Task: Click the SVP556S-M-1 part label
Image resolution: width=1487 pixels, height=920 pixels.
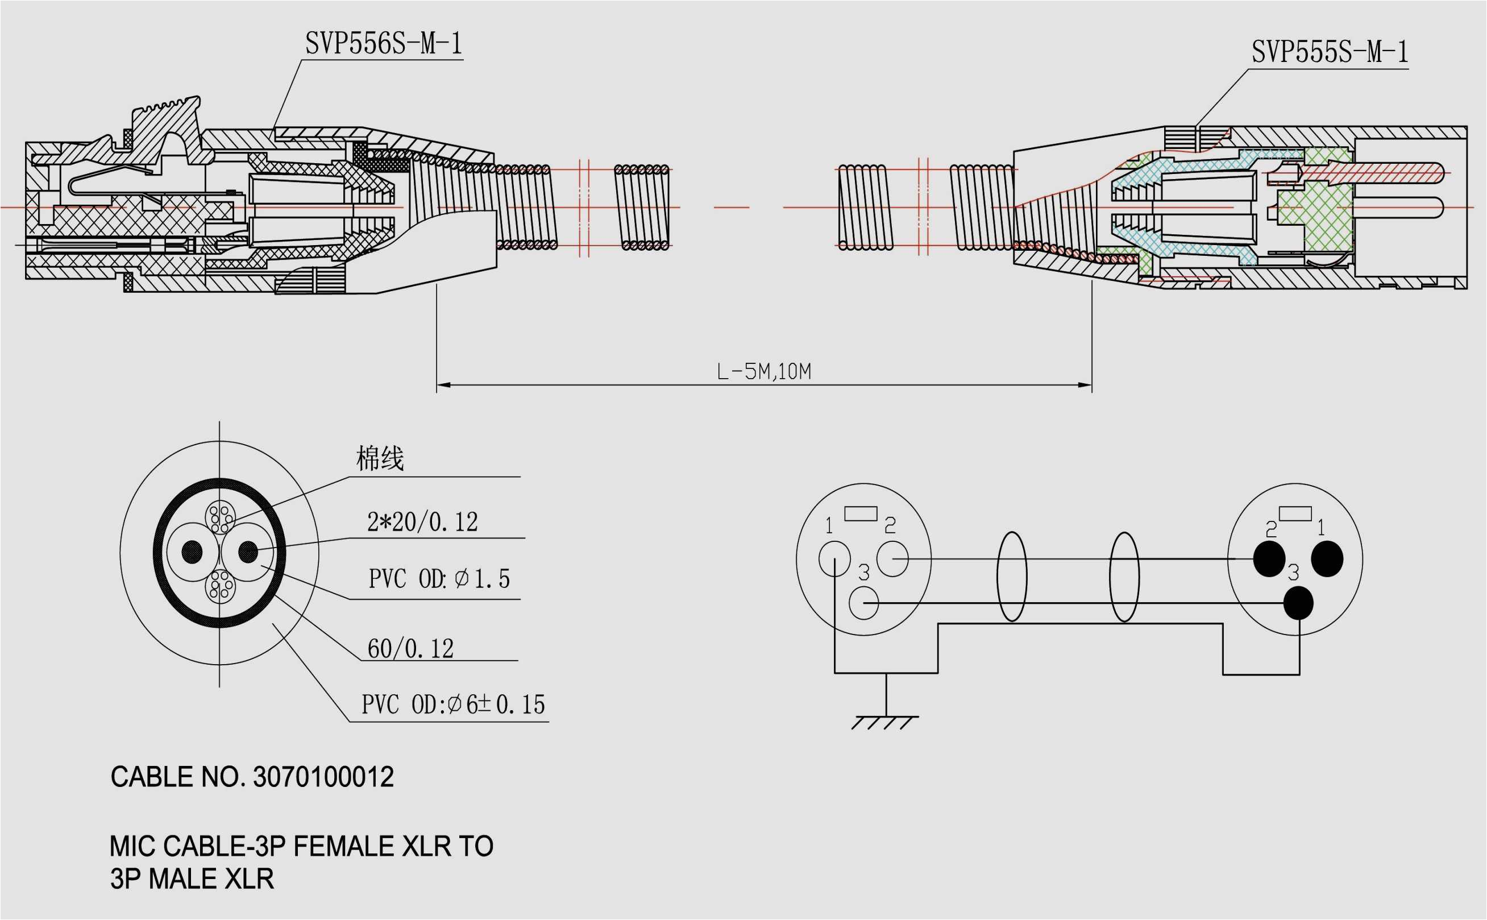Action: (x=384, y=44)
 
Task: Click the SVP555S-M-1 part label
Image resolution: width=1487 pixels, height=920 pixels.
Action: (x=1330, y=52)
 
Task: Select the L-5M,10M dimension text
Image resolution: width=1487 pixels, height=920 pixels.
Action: (x=764, y=371)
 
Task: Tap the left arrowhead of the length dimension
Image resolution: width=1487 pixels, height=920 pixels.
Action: (x=442, y=385)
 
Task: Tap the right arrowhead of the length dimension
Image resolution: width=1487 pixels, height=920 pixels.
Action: (x=1086, y=385)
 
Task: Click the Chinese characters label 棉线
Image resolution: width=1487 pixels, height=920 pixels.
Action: (x=380, y=458)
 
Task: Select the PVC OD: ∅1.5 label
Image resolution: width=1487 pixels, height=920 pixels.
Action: (x=439, y=579)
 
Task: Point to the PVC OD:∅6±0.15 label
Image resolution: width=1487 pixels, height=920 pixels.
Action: (x=453, y=704)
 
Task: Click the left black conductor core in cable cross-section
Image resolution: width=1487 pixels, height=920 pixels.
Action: (x=192, y=552)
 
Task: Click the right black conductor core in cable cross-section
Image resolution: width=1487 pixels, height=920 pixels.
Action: (x=248, y=552)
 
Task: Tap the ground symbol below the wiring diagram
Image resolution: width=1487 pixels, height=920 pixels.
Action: (x=886, y=722)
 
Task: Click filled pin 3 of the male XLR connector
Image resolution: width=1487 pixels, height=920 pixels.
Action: (x=1298, y=602)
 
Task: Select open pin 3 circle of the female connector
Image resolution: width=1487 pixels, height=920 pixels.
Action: (x=863, y=603)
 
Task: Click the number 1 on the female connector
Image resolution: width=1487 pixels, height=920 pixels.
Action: (x=829, y=526)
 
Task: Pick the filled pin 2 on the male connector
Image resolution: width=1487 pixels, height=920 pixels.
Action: (x=1269, y=558)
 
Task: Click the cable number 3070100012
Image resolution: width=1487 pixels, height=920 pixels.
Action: (x=323, y=778)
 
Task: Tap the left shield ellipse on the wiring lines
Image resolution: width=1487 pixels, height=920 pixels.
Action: (x=1011, y=577)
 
